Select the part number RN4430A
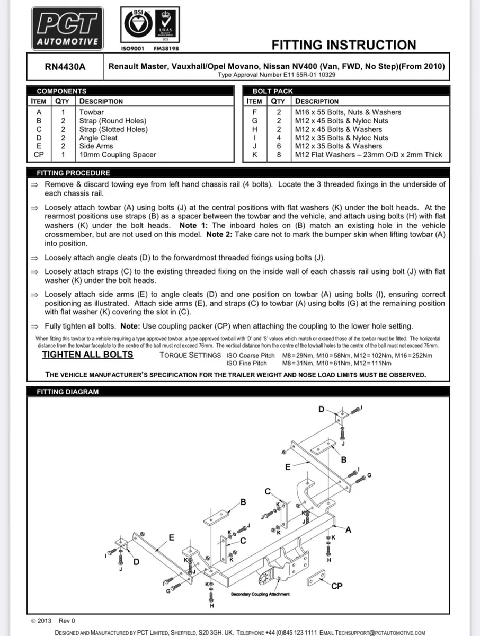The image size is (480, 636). pos(65,67)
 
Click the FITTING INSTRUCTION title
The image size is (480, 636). pos(343,45)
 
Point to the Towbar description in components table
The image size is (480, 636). pos(92,112)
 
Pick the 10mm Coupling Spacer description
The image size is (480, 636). pos(118,155)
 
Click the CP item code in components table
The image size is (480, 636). pos(39,155)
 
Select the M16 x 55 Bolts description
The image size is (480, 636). pos(348,112)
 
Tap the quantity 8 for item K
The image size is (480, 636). pos(278,155)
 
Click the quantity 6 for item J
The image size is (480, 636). pos(278,146)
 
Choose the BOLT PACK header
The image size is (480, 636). pos(272,91)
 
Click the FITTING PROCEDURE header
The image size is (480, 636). pos(73,173)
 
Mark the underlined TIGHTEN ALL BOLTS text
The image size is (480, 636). pos(87,355)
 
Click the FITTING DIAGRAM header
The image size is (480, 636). pos(67,392)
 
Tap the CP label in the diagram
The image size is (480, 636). pos(336,586)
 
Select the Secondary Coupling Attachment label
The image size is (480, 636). pos(260,594)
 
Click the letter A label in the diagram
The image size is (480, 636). pos(348,529)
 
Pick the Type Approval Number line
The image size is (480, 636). pos(277,75)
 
